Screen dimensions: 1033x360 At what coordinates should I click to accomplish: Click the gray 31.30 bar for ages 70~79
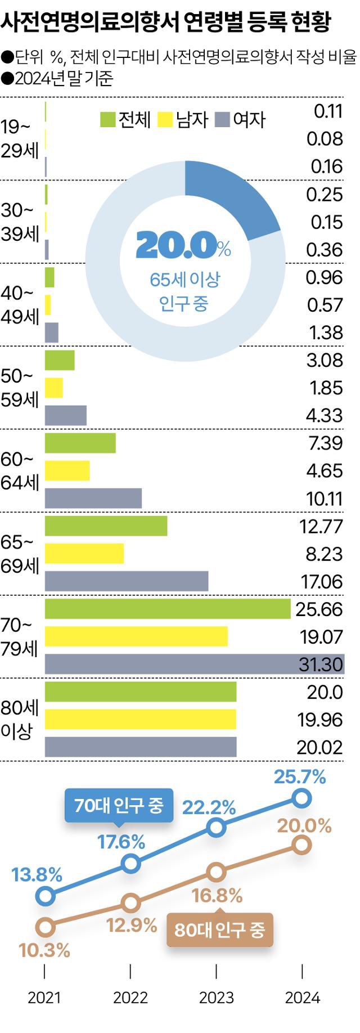[x=194, y=664]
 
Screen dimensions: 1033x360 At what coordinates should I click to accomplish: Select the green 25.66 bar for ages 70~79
[x=168, y=609]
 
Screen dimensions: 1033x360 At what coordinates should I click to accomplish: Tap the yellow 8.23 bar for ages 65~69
[x=84, y=554]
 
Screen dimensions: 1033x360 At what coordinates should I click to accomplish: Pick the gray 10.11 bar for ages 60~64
[x=93, y=498]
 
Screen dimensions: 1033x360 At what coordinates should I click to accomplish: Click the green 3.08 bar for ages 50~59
[x=60, y=360]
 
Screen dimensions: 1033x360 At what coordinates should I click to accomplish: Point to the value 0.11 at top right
[x=328, y=111]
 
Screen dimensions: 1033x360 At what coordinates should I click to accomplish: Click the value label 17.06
[x=322, y=582]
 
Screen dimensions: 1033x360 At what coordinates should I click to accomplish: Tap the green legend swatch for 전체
[x=107, y=119]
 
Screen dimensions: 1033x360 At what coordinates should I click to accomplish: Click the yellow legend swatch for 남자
[x=165, y=119]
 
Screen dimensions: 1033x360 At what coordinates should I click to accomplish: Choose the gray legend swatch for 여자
[x=223, y=119]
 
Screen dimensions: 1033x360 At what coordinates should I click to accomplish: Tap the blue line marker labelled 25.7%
[x=302, y=798]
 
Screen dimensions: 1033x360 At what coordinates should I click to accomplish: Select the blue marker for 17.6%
[x=130, y=863]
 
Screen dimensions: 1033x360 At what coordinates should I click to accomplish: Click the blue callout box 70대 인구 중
[x=119, y=806]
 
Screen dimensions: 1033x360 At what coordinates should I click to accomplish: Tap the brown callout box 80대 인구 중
[x=219, y=929]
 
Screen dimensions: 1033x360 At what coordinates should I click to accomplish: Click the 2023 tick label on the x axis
[x=217, y=998]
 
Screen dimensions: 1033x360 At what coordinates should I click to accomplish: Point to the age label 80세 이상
[x=19, y=720]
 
